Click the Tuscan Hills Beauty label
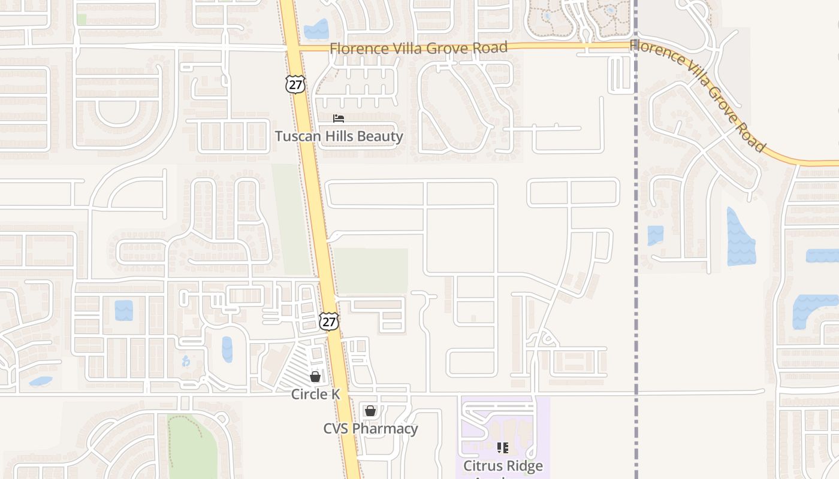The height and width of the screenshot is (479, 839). [x=339, y=137]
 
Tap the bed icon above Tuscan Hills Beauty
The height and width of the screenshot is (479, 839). [x=339, y=119]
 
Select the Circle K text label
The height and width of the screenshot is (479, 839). [x=315, y=394]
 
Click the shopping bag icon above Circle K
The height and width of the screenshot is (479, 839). [x=315, y=377]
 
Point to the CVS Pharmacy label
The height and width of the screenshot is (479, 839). [x=370, y=429]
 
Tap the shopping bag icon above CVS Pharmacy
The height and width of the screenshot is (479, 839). [x=370, y=411]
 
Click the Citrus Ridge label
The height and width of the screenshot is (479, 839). [x=503, y=465]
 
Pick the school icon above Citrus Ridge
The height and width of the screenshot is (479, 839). [x=503, y=447]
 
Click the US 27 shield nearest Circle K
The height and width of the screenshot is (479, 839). [x=328, y=322]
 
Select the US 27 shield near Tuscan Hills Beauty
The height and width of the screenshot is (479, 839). [x=295, y=84]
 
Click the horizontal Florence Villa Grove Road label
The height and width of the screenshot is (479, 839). [x=418, y=48]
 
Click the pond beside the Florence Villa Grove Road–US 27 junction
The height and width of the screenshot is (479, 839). [x=316, y=30]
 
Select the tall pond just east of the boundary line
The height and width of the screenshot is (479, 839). [x=741, y=238]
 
